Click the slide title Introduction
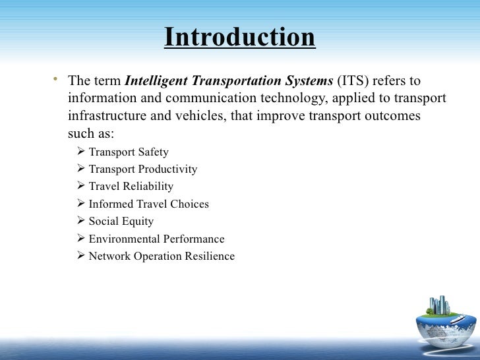pyautogui.click(x=240, y=38)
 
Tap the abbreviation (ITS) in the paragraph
pyautogui.click(x=355, y=82)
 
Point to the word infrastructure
pyautogui.click(x=105, y=116)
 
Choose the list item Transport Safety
pyautogui.click(x=129, y=152)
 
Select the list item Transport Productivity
pyautogui.click(x=142, y=169)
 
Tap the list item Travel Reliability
pyautogui.click(x=131, y=187)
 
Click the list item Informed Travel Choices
pyautogui.click(x=148, y=204)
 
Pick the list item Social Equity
pyautogui.click(x=121, y=222)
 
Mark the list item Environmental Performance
pyautogui.click(x=156, y=239)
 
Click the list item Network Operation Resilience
pyautogui.click(x=162, y=256)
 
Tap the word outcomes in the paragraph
pyautogui.click(x=394, y=116)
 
